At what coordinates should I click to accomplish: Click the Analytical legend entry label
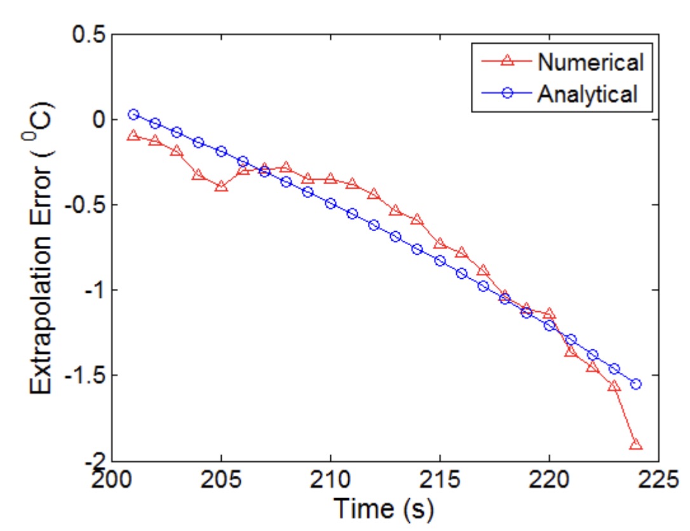pyautogui.click(x=586, y=94)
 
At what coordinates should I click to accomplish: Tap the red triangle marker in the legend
pyautogui.click(x=507, y=62)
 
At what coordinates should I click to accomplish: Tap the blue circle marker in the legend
pyautogui.click(x=507, y=94)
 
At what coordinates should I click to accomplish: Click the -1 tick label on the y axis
pyautogui.click(x=88, y=290)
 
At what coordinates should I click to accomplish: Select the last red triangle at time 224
pyautogui.click(x=636, y=445)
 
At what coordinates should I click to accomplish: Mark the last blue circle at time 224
pyautogui.click(x=636, y=384)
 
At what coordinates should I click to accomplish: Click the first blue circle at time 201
pyautogui.click(x=133, y=115)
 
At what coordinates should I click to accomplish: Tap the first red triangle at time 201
pyautogui.click(x=133, y=136)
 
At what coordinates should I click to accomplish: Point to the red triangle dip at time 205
pyautogui.click(x=221, y=187)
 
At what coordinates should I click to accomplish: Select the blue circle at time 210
pyautogui.click(x=330, y=203)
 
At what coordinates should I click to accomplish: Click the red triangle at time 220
pyautogui.click(x=549, y=314)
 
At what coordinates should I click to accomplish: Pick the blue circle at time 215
pyautogui.click(x=440, y=261)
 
